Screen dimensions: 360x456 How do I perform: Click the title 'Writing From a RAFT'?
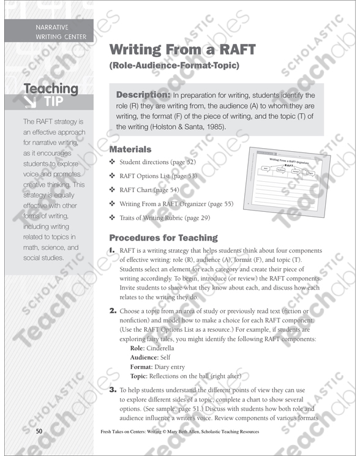[x=182, y=50]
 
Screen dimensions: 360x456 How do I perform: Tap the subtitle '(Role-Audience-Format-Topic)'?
[x=174, y=65]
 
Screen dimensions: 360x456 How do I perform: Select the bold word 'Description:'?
[x=143, y=95]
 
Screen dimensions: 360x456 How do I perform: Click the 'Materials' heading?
[x=130, y=149]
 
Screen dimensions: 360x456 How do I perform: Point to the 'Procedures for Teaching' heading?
[x=163, y=237]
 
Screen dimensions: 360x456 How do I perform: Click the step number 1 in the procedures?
[x=112, y=251]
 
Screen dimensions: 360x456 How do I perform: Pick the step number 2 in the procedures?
[x=113, y=311]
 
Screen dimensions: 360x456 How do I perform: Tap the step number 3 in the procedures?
[x=113, y=389]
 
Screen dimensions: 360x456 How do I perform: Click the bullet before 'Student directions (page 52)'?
[x=112, y=162]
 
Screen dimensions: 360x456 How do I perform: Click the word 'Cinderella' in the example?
[x=161, y=348]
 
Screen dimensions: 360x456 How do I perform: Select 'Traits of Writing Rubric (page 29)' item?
[x=165, y=217]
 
